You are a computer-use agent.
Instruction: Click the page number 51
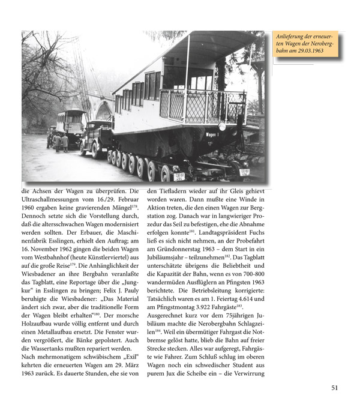[335, 387]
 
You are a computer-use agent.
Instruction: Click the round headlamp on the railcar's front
[222, 127]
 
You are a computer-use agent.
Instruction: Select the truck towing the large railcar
[95, 137]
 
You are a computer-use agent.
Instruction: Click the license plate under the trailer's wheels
[179, 176]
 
